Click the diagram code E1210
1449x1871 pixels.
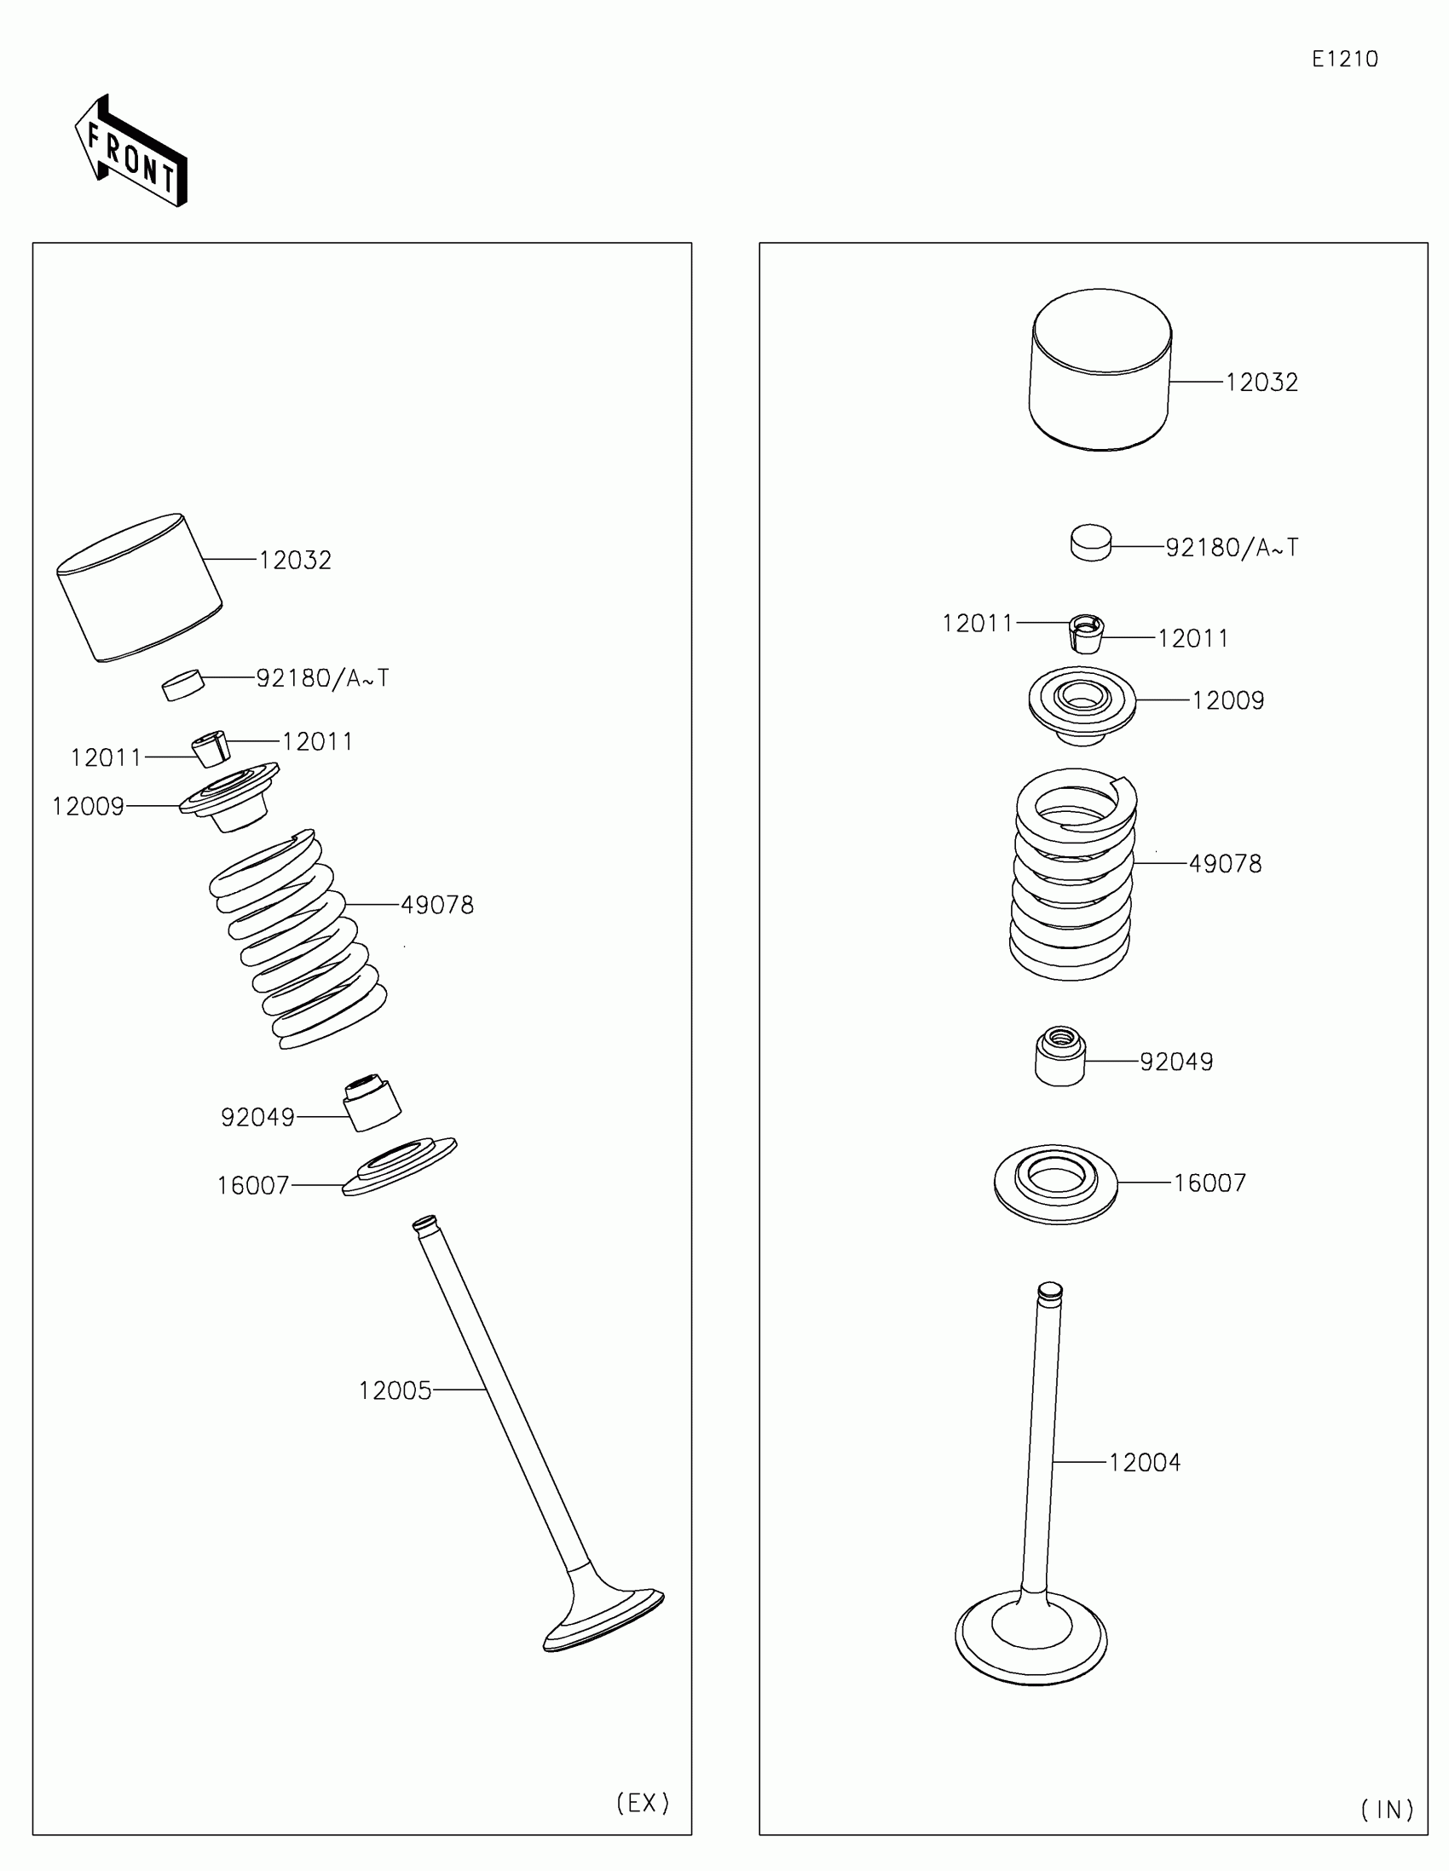tap(1344, 59)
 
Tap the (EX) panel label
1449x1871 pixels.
tap(643, 1803)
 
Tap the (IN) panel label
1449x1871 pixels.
tap(1388, 1810)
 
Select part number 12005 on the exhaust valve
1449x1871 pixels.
tap(395, 1390)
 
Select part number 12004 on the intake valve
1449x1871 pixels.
tap(1145, 1462)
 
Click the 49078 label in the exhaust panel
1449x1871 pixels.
tap(437, 905)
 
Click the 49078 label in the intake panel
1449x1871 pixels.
tap(1226, 864)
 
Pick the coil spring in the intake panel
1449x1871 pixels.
tap(1073, 874)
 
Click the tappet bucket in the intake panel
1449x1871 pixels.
tap(1100, 370)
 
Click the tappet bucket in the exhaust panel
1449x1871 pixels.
tap(139, 588)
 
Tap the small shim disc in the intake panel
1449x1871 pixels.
tap(1091, 543)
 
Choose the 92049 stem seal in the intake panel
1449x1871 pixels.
tap(1060, 1056)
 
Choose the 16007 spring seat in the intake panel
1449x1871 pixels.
tap(1056, 1183)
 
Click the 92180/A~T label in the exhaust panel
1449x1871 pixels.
tap(322, 678)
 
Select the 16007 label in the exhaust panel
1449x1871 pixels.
tap(253, 1186)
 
